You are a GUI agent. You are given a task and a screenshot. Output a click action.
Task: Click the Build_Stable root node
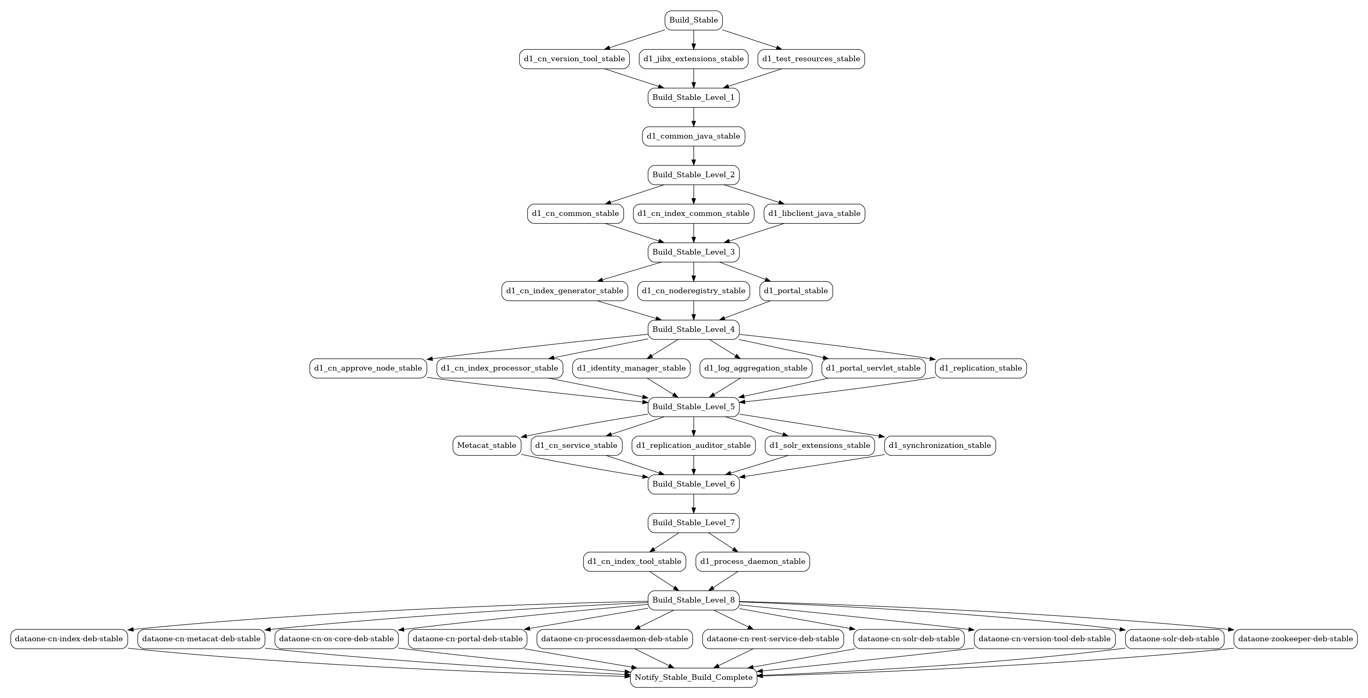tap(693, 20)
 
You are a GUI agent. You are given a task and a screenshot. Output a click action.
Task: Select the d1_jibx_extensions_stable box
tap(693, 59)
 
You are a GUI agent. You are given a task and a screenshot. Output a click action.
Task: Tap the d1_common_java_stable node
tap(693, 137)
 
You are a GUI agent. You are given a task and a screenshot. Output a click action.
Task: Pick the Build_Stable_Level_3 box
tap(693, 252)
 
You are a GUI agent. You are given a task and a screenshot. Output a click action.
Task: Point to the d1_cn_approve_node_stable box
tap(368, 368)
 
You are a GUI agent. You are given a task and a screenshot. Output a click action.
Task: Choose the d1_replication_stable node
tap(981, 368)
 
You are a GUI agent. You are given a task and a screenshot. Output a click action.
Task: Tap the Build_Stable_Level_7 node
tap(693, 523)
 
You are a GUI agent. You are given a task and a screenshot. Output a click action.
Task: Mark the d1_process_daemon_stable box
tap(753, 561)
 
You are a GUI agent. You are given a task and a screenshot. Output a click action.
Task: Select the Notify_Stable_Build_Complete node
tap(693, 678)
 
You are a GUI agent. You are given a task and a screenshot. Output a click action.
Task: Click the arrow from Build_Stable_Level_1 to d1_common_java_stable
tap(693, 117)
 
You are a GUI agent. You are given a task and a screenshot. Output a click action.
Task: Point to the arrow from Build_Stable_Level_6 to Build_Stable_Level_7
tap(693, 503)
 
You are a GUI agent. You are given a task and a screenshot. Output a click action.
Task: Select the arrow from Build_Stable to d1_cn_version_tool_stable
tap(635, 39)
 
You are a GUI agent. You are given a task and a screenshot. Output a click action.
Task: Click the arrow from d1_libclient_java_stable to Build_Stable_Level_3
tap(754, 233)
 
